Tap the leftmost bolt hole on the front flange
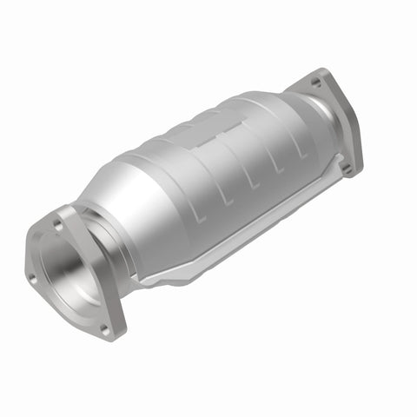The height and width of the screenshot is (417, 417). (32, 278)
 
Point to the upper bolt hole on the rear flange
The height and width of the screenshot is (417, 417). (316, 83)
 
